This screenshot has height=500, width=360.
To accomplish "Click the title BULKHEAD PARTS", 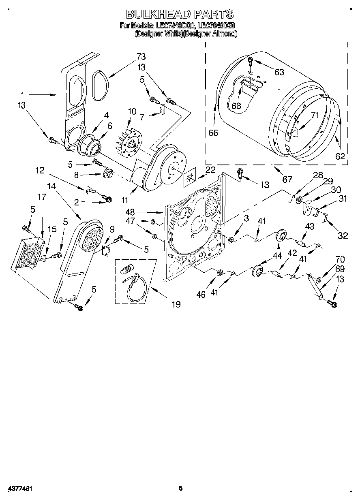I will pyautogui.click(x=180, y=14).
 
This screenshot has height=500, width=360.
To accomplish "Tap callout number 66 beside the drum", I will pyautogui.click(x=214, y=132).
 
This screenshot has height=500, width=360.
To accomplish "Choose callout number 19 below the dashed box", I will pyautogui.click(x=176, y=303).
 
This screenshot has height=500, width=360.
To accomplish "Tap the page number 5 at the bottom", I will pyautogui.click(x=181, y=489).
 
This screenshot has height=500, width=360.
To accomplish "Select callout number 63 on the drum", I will pyautogui.click(x=279, y=72).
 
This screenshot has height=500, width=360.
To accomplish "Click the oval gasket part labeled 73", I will pyautogui.click(x=99, y=85).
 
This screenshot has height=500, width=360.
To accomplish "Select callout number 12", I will pyautogui.click(x=40, y=171).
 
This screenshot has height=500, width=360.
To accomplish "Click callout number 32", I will pyautogui.click(x=343, y=235).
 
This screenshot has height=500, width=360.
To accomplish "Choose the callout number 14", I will pyautogui.click(x=51, y=186).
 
